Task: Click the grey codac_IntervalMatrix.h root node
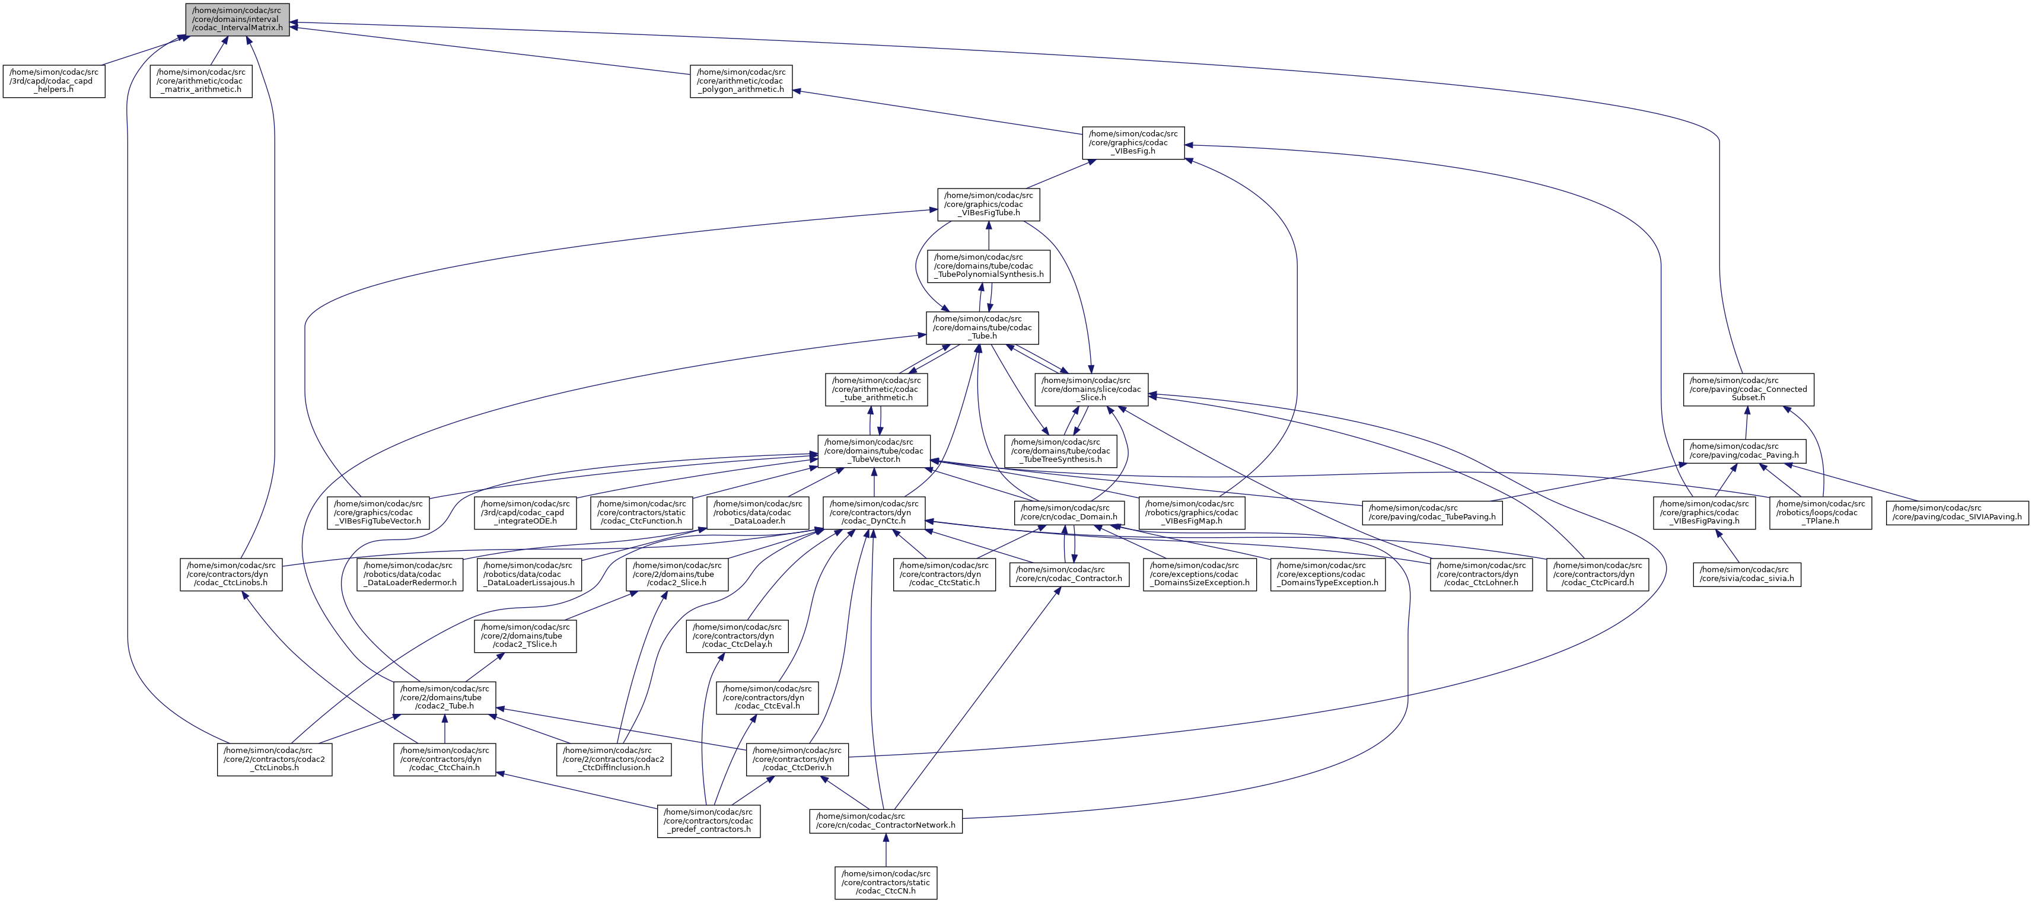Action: [x=237, y=19]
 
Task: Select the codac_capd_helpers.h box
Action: [x=53, y=81]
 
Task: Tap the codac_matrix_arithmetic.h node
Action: [x=201, y=81]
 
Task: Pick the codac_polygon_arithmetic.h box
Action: [x=741, y=81]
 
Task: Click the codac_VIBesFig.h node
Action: [x=1133, y=143]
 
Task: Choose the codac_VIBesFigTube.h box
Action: [x=988, y=205]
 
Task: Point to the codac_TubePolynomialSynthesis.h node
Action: [x=988, y=266]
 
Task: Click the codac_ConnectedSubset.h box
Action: [x=1748, y=390]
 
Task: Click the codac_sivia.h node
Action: [x=1747, y=574]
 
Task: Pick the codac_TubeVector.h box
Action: [x=874, y=451]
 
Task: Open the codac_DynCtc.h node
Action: [x=874, y=513]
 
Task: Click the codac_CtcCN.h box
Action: [x=886, y=882]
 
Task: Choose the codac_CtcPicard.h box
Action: [x=1597, y=574]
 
